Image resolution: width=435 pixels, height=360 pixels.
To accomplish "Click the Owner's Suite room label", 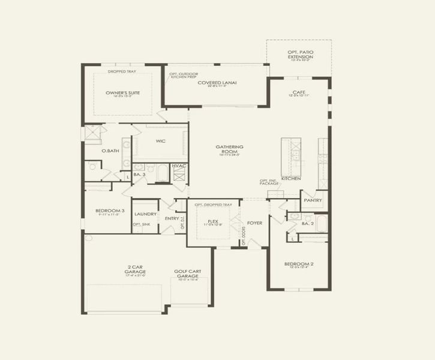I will [x=123, y=93].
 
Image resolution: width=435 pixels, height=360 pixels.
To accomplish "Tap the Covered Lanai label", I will [x=217, y=83].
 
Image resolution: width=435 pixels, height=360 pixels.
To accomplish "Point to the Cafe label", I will [x=298, y=92].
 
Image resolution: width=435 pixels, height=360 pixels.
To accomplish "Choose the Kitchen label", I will [x=291, y=178].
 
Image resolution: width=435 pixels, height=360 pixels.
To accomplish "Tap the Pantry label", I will [x=313, y=200].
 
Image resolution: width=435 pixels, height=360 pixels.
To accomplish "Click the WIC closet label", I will [x=160, y=141].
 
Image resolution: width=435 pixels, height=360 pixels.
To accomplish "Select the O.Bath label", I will [x=108, y=151].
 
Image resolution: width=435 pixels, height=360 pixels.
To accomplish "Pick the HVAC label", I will [x=178, y=166].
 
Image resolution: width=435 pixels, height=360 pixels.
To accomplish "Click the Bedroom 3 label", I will [x=110, y=211].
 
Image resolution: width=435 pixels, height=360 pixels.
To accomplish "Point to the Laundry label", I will [x=146, y=214].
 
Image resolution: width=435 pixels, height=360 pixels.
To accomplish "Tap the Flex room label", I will [x=212, y=221].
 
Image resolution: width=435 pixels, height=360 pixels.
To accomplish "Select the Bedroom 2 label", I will [x=298, y=264].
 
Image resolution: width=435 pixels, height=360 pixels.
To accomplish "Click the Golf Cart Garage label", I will [x=188, y=274].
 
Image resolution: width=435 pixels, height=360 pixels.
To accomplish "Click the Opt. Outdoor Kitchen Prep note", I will [x=183, y=74].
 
